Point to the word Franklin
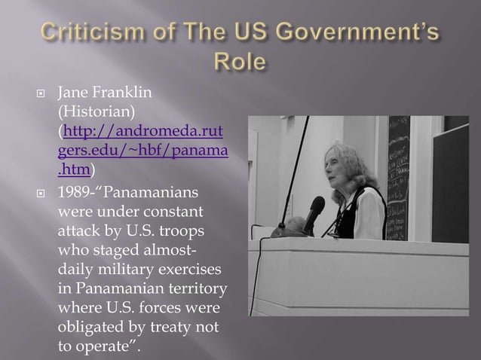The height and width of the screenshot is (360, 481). tap(126, 93)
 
